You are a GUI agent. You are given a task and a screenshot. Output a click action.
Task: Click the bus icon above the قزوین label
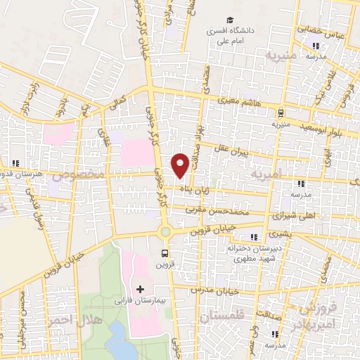pos(165,254)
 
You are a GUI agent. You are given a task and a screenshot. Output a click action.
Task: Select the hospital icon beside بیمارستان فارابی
pos(140,289)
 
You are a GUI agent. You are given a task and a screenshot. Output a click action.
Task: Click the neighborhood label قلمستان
pos(219,318)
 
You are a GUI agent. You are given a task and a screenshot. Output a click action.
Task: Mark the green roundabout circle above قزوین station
pos(165,231)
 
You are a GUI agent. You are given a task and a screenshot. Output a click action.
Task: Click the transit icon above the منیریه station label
pos(281,112)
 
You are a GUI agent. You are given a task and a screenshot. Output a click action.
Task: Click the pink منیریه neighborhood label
pos(277,55)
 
